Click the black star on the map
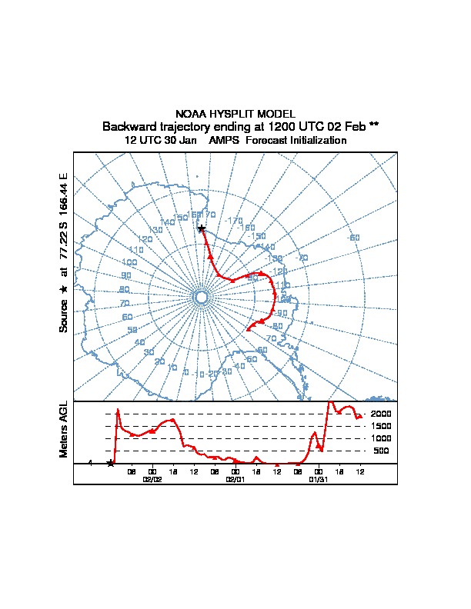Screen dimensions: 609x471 tap(201, 228)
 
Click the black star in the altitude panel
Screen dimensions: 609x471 tap(111, 463)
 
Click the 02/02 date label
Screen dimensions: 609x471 tap(152, 479)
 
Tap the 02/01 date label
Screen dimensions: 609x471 tap(235, 479)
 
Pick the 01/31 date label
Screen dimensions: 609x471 tap(318, 479)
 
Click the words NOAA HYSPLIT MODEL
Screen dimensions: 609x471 tap(235, 114)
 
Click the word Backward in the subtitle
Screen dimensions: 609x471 tap(129, 126)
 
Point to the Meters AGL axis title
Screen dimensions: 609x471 tap(65, 429)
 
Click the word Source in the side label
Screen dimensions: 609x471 tap(65, 316)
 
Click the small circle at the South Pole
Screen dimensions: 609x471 tap(201, 297)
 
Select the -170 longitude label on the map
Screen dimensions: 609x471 tap(233, 221)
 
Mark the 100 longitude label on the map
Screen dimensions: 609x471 tap(129, 263)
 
